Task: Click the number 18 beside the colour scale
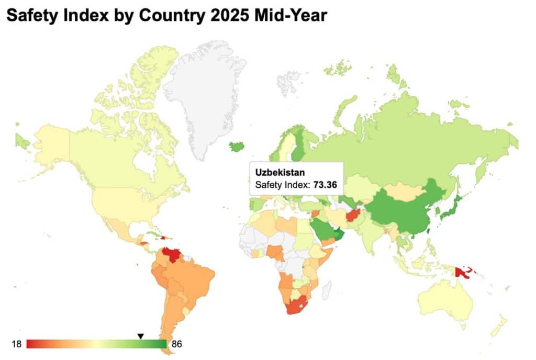tap(17, 344)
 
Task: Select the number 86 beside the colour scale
tap(176, 344)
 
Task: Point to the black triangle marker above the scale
tap(140, 336)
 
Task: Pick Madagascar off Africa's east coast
tap(327, 288)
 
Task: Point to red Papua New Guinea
tap(463, 273)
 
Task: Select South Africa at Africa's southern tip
tap(297, 306)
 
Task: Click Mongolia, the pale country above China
tap(401, 191)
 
